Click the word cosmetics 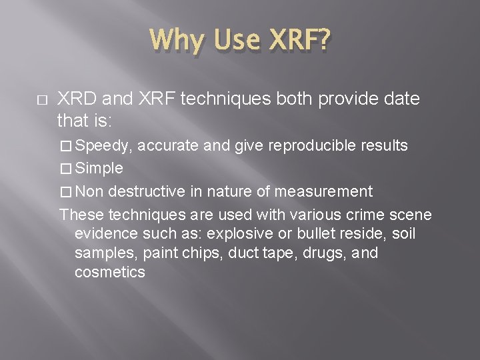click(x=110, y=272)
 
